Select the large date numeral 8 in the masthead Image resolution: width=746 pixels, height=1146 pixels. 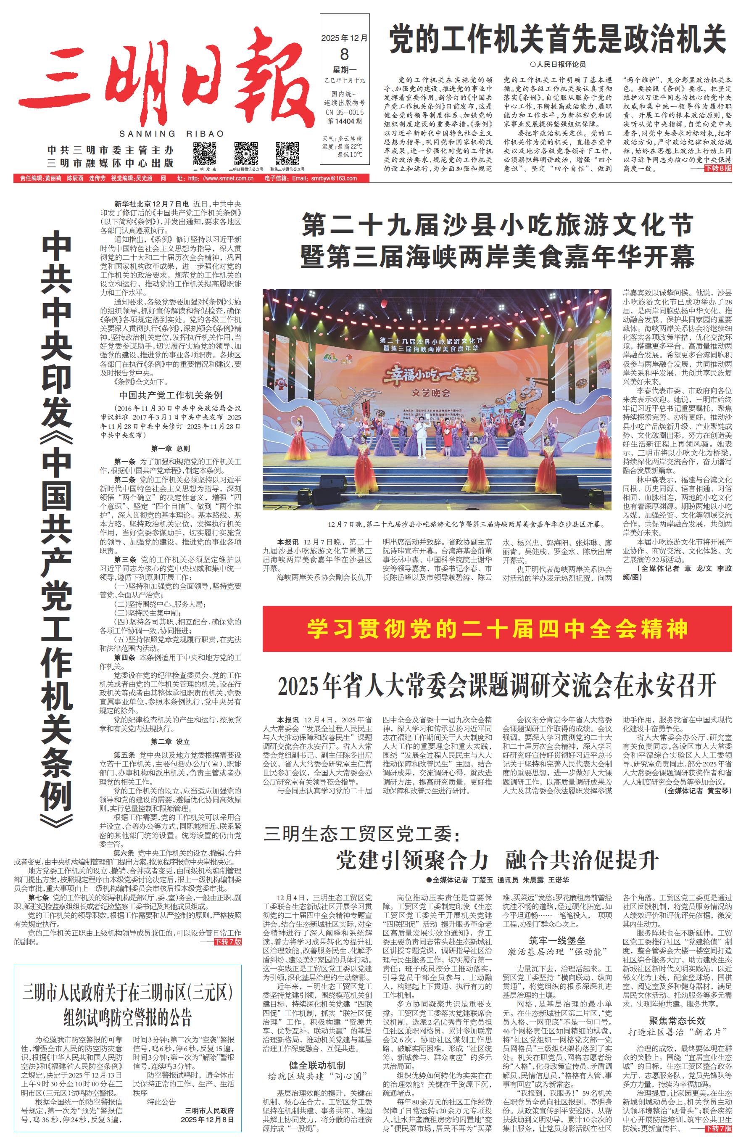click(344, 54)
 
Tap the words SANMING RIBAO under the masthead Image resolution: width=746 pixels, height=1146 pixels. click(171, 134)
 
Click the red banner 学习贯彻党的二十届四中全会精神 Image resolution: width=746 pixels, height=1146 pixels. click(497, 628)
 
